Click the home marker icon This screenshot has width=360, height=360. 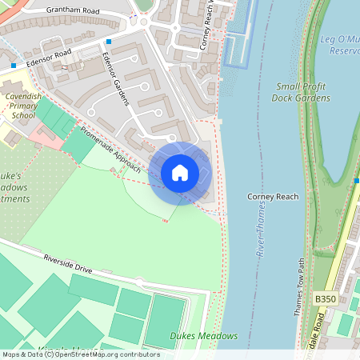click(x=180, y=173)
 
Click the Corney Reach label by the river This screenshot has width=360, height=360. click(x=273, y=196)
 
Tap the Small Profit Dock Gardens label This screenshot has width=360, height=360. click(x=302, y=92)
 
